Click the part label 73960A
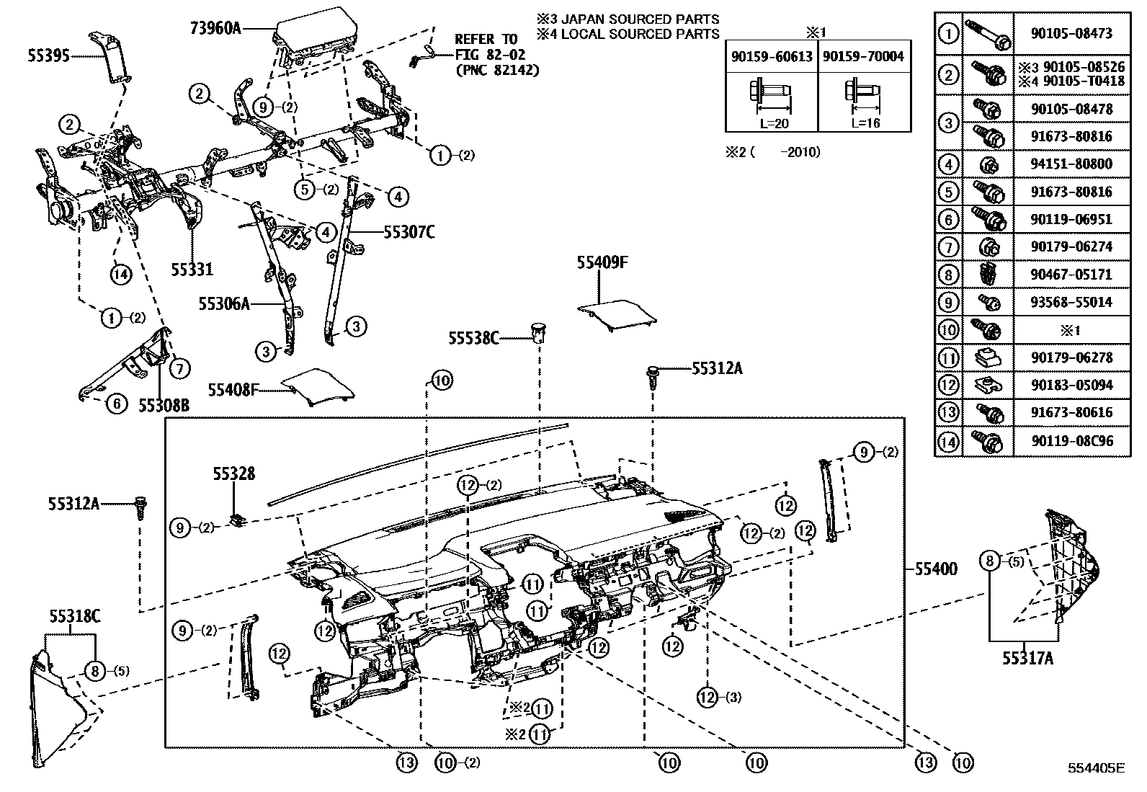tap(215, 28)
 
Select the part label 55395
tap(49, 55)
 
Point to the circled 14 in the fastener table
tap(949, 440)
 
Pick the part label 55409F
tap(602, 263)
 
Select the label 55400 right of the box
tap(936, 569)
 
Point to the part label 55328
tap(233, 473)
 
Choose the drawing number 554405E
tap(1096, 768)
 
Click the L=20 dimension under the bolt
tap(774, 123)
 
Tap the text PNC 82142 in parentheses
tap(496, 70)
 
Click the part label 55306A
tap(224, 304)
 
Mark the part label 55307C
tap(409, 232)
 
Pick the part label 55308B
tap(164, 406)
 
